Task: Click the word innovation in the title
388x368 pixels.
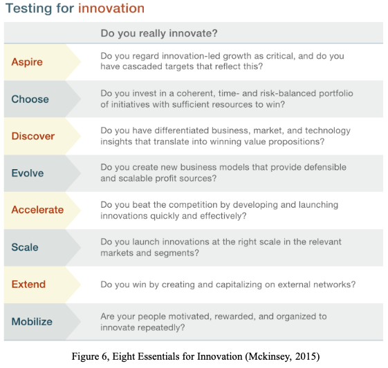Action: pos(111,9)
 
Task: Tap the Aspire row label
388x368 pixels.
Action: pos(27,62)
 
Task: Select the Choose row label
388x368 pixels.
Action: pos(30,99)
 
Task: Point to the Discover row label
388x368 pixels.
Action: pos(33,136)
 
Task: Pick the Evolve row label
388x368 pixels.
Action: pos(28,173)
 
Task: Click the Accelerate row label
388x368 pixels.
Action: pos(37,210)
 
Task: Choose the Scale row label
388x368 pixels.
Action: pos(25,247)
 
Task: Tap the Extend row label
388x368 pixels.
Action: pos(28,284)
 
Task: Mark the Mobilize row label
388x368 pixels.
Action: pos(32,321)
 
